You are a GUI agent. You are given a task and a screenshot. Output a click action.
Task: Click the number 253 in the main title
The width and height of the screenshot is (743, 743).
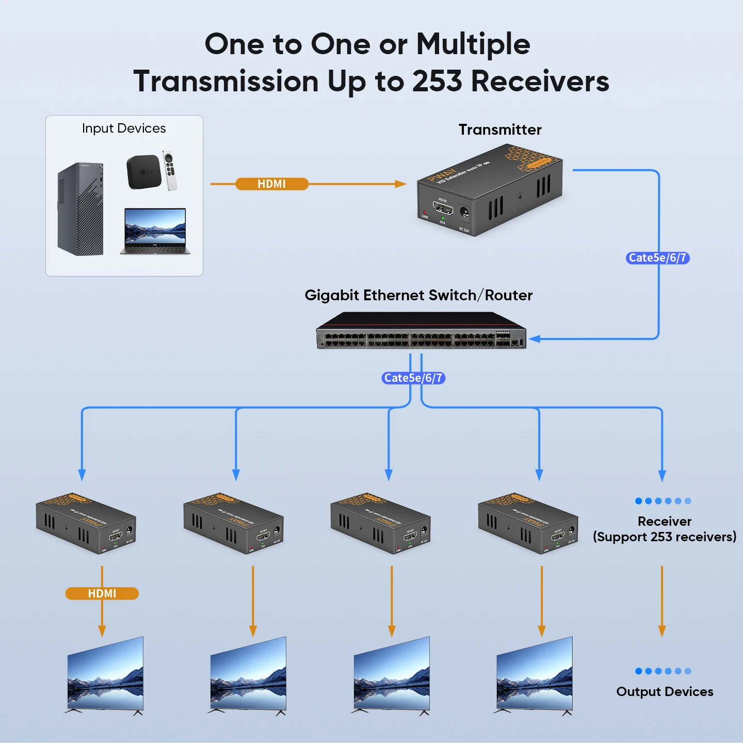tap(437, 82)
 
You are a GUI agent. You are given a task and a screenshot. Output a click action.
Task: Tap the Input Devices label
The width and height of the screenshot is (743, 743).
tap(124, 128)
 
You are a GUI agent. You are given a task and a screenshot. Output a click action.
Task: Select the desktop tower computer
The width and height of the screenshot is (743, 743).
tap(81, 209)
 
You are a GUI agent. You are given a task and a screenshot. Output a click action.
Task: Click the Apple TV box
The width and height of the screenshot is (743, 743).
tap(143, 172)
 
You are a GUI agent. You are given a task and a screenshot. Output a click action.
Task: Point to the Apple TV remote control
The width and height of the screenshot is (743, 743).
tap(170, 170)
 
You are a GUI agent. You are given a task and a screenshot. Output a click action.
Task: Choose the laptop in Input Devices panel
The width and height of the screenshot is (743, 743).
tap(155, 231)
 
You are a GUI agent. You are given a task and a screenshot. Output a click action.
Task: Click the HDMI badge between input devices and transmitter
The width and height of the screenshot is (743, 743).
tap(272, 184)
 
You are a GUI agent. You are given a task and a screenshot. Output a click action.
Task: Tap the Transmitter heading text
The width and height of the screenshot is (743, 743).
tap(500, 130)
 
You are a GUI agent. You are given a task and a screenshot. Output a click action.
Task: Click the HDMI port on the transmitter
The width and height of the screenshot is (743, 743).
tap(443, 209)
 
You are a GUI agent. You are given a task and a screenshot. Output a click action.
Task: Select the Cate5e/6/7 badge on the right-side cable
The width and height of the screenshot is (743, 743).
tap(657, 258)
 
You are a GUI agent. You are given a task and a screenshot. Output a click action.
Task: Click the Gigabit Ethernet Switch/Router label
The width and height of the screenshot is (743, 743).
tap(418, 295)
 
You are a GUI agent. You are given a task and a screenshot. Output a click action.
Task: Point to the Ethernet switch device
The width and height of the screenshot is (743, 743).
tap(421, 331)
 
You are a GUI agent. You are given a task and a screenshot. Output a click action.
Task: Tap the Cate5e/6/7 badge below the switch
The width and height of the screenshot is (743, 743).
tap(413, 378)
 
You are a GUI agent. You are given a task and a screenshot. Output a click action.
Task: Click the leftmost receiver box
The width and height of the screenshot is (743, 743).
tap(86, 523)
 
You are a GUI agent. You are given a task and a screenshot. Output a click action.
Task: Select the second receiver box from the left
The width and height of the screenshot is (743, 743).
tap(233, 523)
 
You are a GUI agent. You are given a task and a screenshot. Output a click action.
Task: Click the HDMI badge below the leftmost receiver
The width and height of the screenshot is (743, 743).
tap(102, 593)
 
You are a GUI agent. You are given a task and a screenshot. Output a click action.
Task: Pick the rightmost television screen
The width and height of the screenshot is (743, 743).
tap(535, 675)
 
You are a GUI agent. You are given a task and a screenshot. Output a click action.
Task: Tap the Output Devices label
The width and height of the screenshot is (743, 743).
tap(665, 691)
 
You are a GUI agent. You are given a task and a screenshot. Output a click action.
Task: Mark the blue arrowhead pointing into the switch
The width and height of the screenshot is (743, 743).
tap(535, 339)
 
